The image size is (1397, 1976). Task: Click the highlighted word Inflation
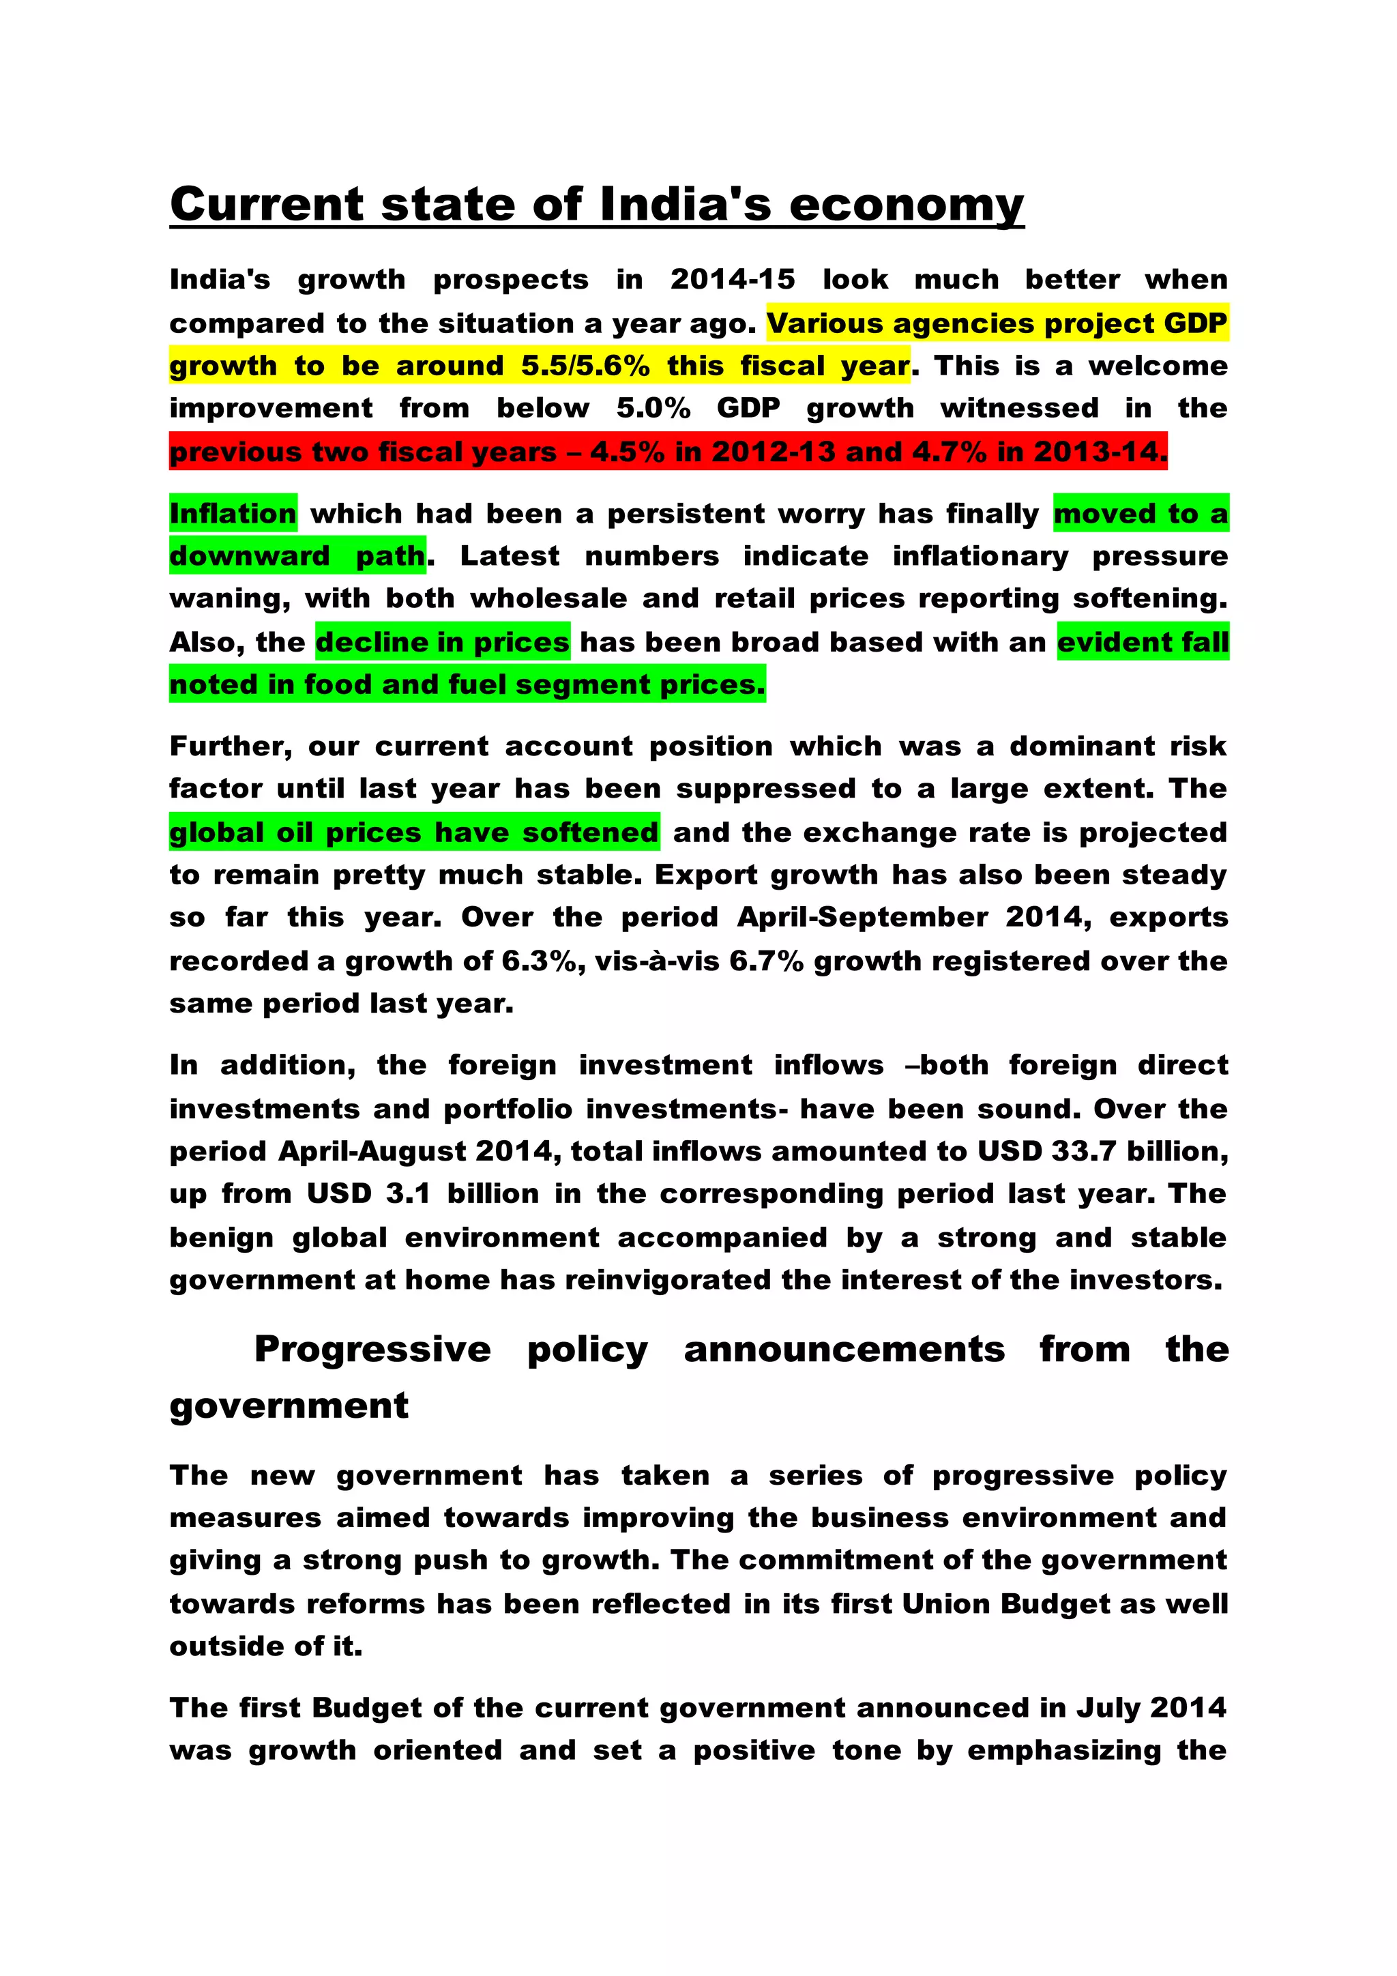(233, 514)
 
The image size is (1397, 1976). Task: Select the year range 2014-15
(732, 280)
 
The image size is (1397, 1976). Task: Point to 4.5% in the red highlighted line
(626, 452)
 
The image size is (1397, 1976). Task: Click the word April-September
(862, 918)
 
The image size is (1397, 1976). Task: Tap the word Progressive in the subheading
(372, 1350)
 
